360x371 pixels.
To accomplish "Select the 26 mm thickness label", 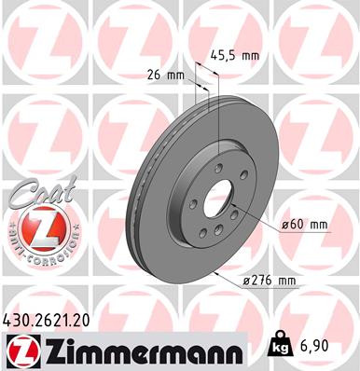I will point(165,75).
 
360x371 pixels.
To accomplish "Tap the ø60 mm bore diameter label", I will point(305,225).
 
